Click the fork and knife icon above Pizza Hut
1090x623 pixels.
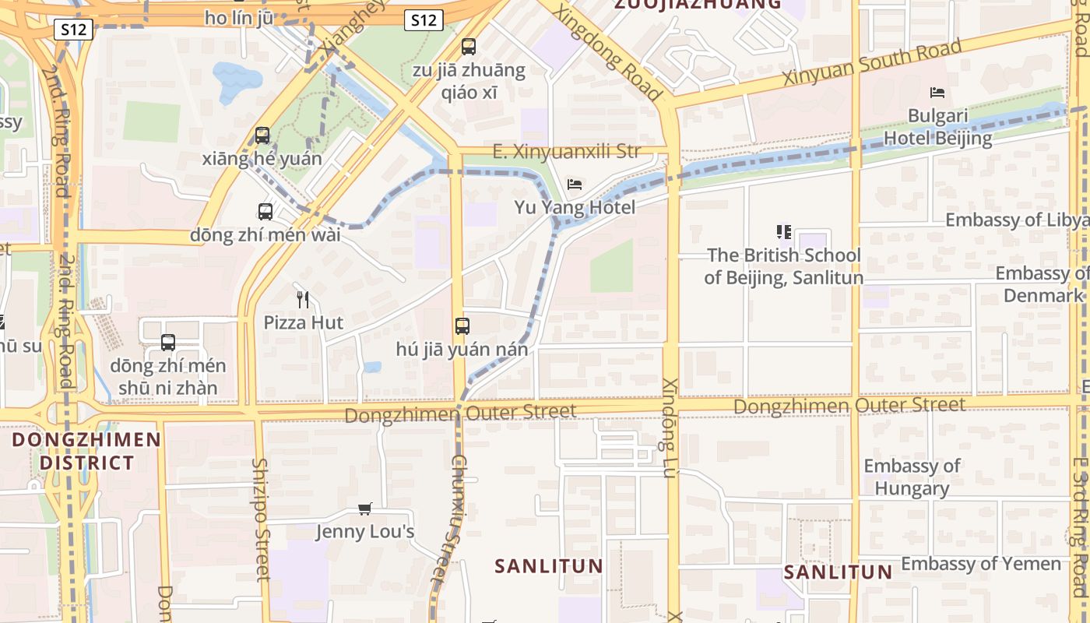(304, 299)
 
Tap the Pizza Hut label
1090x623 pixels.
(304, 322)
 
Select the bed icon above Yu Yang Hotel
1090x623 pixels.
(575, 185)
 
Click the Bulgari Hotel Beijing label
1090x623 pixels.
(937, 128)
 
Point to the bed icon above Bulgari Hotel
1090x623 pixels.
(937, 93)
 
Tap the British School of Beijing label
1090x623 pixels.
(783, 266)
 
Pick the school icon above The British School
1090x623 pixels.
(783, 232)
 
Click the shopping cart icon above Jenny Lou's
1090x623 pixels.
(364, 509)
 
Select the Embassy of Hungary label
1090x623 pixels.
(911, 477)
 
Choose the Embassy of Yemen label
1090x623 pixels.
(981, 564)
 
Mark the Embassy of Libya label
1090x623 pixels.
(1016, 220)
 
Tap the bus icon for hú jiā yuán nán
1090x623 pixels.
(462, 326)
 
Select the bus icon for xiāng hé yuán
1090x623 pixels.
(262, 136)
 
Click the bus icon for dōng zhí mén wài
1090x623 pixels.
(265, 212)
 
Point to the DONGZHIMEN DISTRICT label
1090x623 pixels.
(86, 451)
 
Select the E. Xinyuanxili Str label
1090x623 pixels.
(566, 151)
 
